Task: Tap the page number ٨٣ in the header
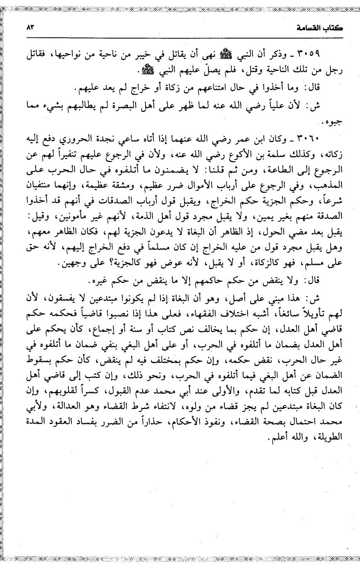(x=29, y=28)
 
